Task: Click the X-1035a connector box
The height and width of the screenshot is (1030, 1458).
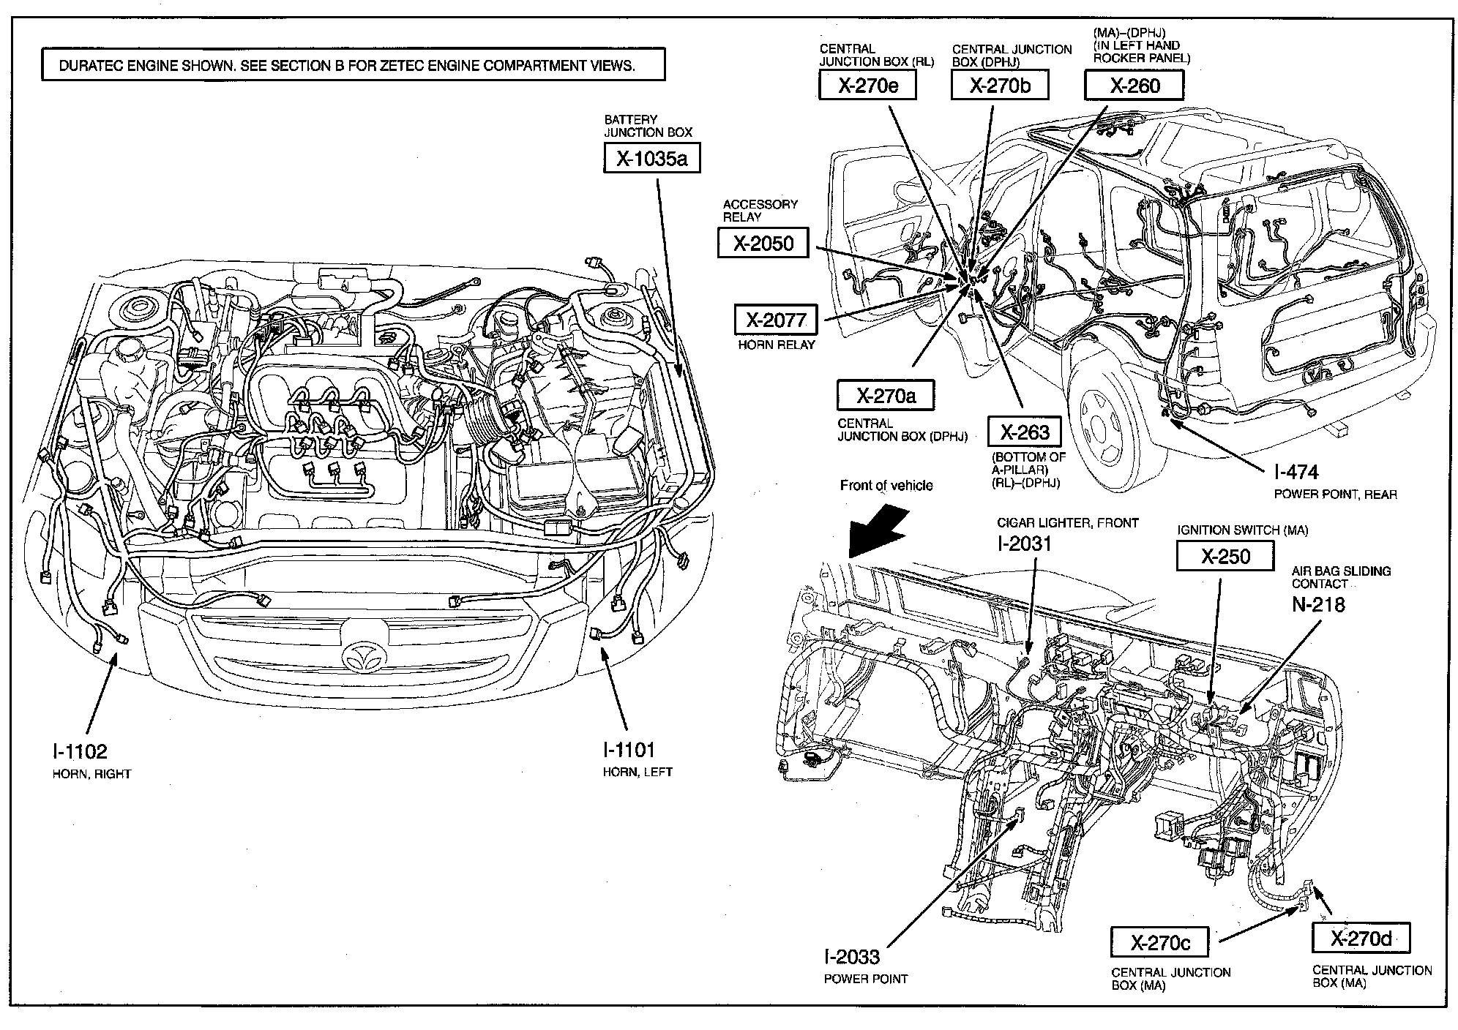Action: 651,158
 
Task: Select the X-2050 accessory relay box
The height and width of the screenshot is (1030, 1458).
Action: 763,243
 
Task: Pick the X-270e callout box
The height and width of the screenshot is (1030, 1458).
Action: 868,86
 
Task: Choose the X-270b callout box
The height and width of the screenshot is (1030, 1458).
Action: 1000,86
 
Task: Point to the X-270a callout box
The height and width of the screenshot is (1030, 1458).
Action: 886,396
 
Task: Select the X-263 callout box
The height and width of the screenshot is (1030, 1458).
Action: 1024,432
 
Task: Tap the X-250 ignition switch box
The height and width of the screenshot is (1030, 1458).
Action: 1225,556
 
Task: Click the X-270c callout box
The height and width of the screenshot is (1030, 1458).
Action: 1159,942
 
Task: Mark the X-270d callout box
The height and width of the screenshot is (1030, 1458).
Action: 1361,938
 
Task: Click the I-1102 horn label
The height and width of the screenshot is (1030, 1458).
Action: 79,751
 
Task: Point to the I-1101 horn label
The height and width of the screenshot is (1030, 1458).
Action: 629,750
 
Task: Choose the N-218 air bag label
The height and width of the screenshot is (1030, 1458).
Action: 1318,604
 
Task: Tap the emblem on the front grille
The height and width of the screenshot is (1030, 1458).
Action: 363,655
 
